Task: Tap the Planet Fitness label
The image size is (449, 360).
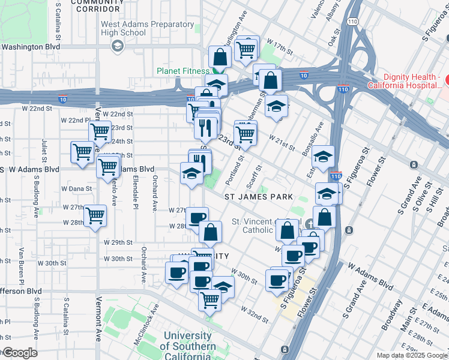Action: pos(182,70)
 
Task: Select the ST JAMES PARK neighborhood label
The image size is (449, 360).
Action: pos(258,197)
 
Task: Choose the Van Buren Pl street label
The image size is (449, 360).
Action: pos(21,265)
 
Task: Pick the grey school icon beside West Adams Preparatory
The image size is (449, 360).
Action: pos(118,45)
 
